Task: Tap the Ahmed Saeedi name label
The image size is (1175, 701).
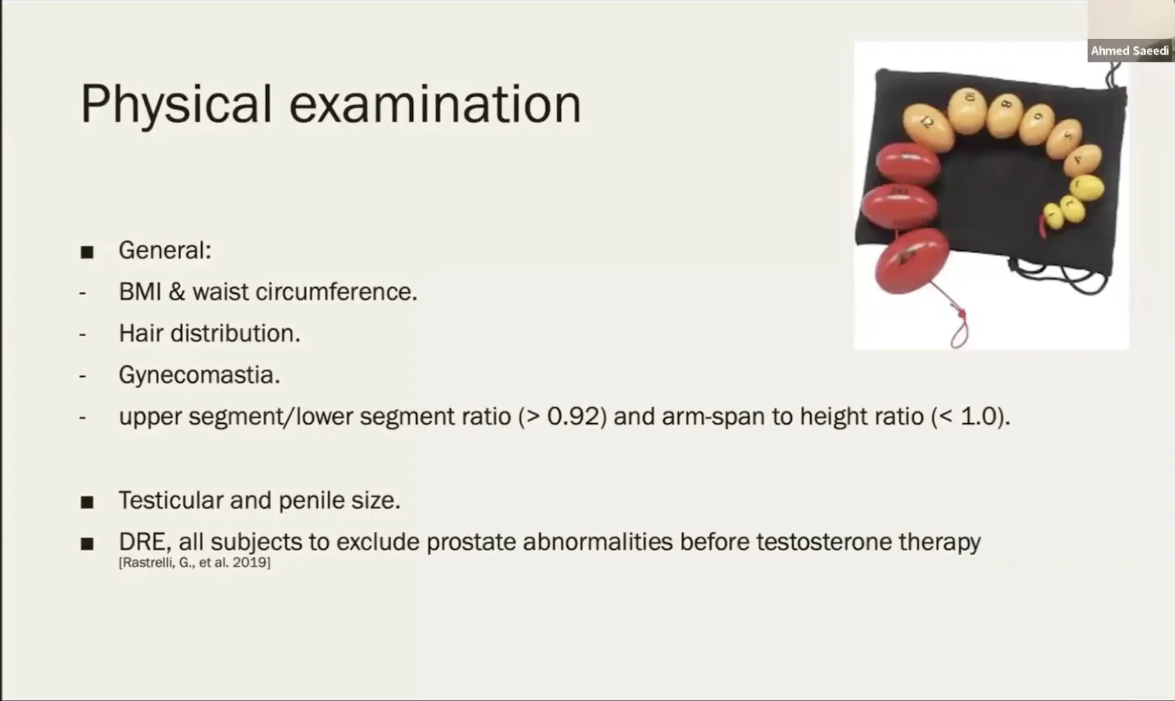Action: coord(1130,51)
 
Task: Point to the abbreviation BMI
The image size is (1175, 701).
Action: coord(140,292)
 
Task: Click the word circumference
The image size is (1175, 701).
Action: coord(336,292)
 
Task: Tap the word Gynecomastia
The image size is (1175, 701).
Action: coord(199,375)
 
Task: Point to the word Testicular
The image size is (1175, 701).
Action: coord(171,500)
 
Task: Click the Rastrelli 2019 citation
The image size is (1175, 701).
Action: coord(194,562)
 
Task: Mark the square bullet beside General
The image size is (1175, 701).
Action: coord(87,252)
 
